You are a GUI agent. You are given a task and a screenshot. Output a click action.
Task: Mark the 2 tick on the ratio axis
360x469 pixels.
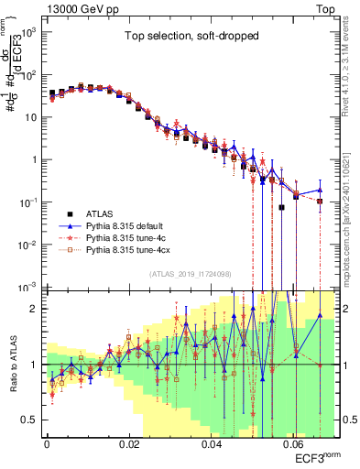(35, 309)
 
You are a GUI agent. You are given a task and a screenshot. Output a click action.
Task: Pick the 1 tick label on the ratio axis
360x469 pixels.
(35, 365)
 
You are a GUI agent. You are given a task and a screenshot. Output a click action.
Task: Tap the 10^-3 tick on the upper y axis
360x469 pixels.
(27, 286)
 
